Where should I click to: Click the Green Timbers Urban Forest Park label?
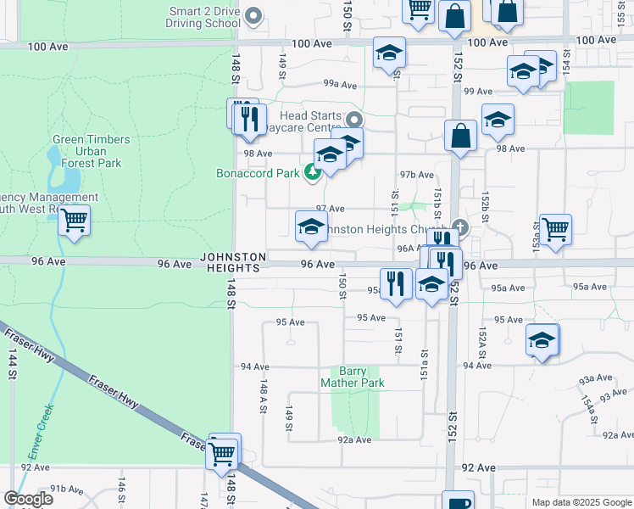click(92, 151)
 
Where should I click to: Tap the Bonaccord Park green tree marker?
click(313, 173)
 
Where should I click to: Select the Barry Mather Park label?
click(353, 377)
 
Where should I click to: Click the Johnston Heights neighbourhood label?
click(234, 262)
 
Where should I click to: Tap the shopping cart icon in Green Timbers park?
click(75, 221)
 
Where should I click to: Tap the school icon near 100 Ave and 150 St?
click(389, 53)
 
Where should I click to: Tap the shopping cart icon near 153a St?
click(555, 228)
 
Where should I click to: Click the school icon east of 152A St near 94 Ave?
click(542, 340)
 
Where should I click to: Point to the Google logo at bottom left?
click(28, 499)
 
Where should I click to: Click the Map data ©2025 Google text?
click(581, 502)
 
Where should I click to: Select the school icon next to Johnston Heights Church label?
click(311, 227)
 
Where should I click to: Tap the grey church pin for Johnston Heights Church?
click(459, 227)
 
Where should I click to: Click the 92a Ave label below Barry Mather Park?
click(354, 439)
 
